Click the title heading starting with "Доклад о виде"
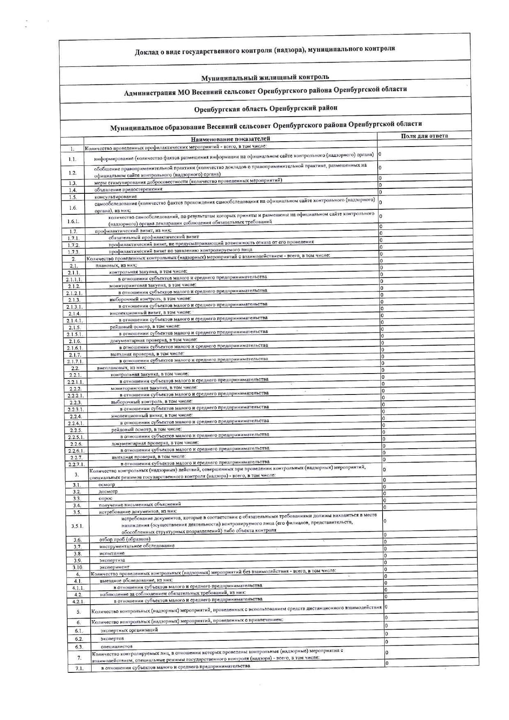click(265, 50)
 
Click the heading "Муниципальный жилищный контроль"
click(265, 77)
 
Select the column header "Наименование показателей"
click(230, 139)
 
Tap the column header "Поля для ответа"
click(424, 136)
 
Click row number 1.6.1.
click(73, 221)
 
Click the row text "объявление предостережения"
click(128, 189)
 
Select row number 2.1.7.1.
click(75, 362)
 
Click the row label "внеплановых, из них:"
click(122, 368)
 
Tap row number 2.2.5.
click(76, 430)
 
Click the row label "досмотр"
click(108, 491)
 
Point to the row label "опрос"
click(105, 498)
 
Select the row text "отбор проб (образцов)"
click(125, 539)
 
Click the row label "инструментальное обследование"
click(137, 546)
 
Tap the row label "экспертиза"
click(112, 560)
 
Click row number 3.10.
click(78, 567)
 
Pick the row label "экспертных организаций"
click(129, 630)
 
